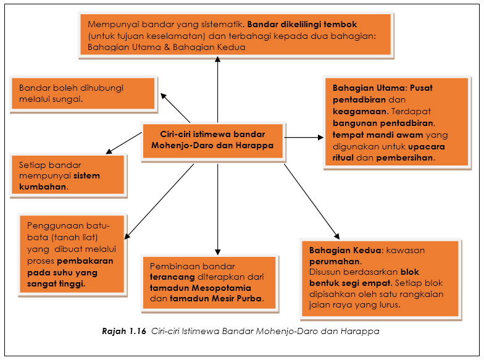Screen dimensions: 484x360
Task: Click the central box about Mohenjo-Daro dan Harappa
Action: click(x=213, y=141)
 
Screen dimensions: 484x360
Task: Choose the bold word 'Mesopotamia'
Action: click(x=221, y=288)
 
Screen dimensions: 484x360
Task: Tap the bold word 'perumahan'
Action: click(x=335, y=262)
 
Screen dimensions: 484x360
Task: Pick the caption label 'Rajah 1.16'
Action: click(x=124, y=331)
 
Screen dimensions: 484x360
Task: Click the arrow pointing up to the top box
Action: click(x=217, y=90)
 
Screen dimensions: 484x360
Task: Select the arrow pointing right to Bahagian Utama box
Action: click(x=304, y=137)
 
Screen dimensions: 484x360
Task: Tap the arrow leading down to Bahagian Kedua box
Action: click(x=311, y=201)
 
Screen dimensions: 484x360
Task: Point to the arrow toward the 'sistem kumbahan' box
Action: click(x=123, y=143)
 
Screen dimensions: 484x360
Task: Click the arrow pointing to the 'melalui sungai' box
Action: click(x=175, y=108)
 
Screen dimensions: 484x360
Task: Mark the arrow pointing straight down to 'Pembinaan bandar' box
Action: click(x=217, y=209)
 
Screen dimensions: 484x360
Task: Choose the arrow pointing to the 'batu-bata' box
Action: click(x=159, y=201)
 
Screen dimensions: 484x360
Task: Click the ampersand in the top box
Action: click(x=167, y=47)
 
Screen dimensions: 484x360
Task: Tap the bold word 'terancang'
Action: click(x=172, y=277)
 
